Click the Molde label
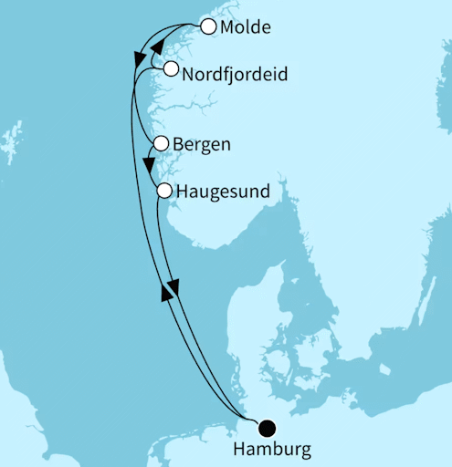246,27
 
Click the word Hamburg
272,450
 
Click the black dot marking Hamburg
267,427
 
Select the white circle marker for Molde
208,26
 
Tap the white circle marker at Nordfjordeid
171,69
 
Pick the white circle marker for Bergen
162,143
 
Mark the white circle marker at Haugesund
164,191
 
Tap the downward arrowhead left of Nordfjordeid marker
140,60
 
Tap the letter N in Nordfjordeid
189,73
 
